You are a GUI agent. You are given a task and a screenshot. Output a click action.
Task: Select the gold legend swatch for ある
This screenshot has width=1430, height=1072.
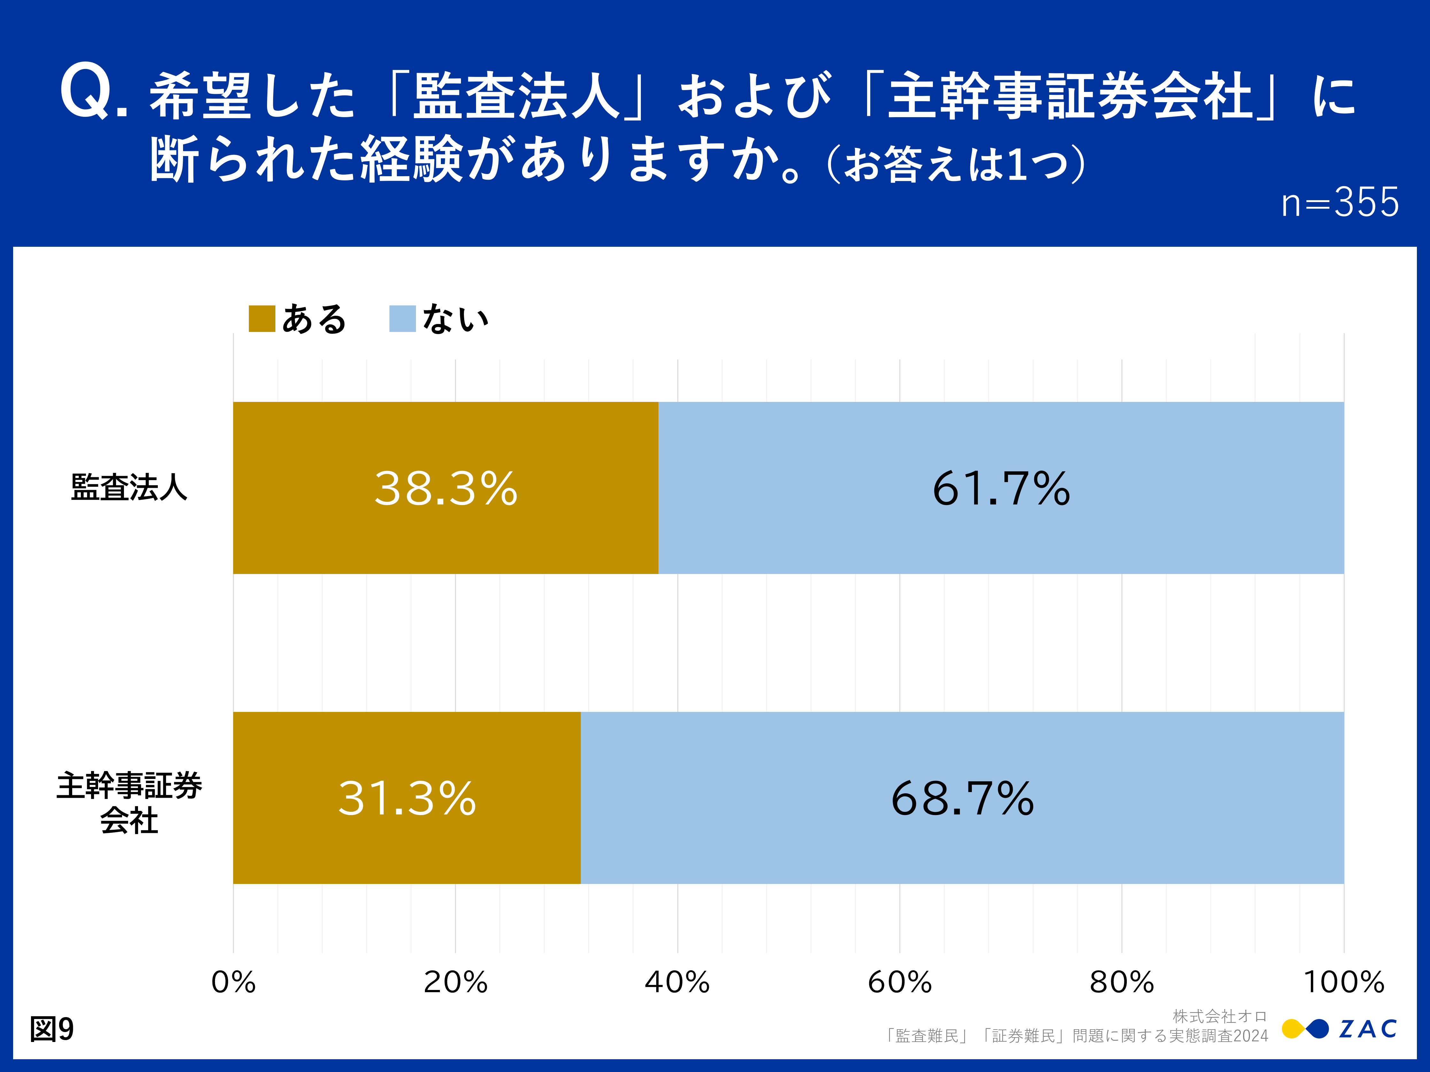click(262, 319)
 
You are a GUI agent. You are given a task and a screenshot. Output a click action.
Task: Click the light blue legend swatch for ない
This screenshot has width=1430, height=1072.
click(402, 319)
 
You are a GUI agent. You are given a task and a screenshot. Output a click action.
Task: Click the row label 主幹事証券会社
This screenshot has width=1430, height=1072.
click(129, 803)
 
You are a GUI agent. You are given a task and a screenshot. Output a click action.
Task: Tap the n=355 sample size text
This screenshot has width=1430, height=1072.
click(1340, 202)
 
